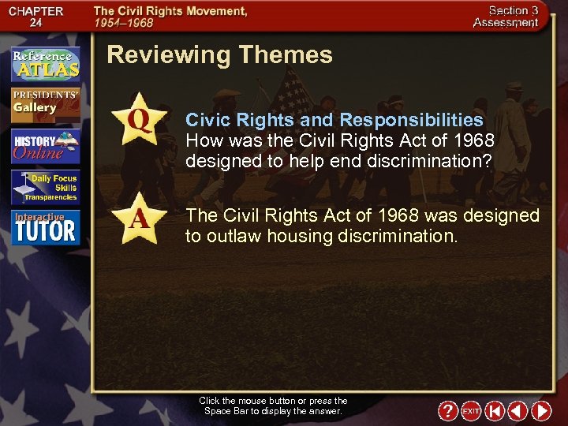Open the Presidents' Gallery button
[45, 103]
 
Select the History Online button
[45, 145]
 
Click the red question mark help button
[447, 411]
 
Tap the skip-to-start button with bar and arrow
[495, 411]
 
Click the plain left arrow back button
[518, 411]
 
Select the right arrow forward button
[541, 411]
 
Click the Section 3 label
[514, 10]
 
